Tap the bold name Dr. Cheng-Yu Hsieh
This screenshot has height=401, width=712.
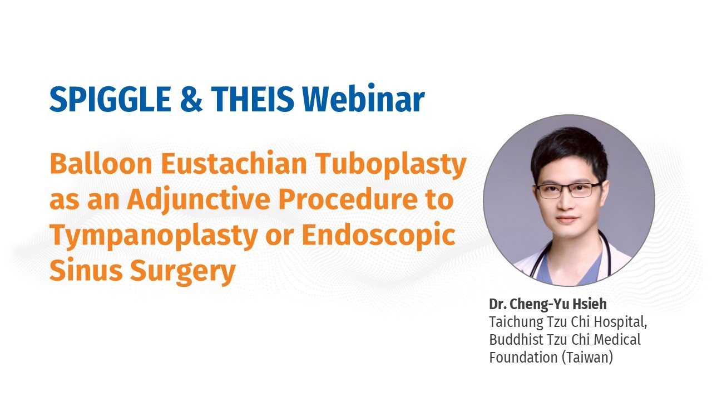pyautogui.click(x=548, y=304)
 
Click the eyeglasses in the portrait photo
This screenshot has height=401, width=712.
pyautogui.click(x=569, y=189)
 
